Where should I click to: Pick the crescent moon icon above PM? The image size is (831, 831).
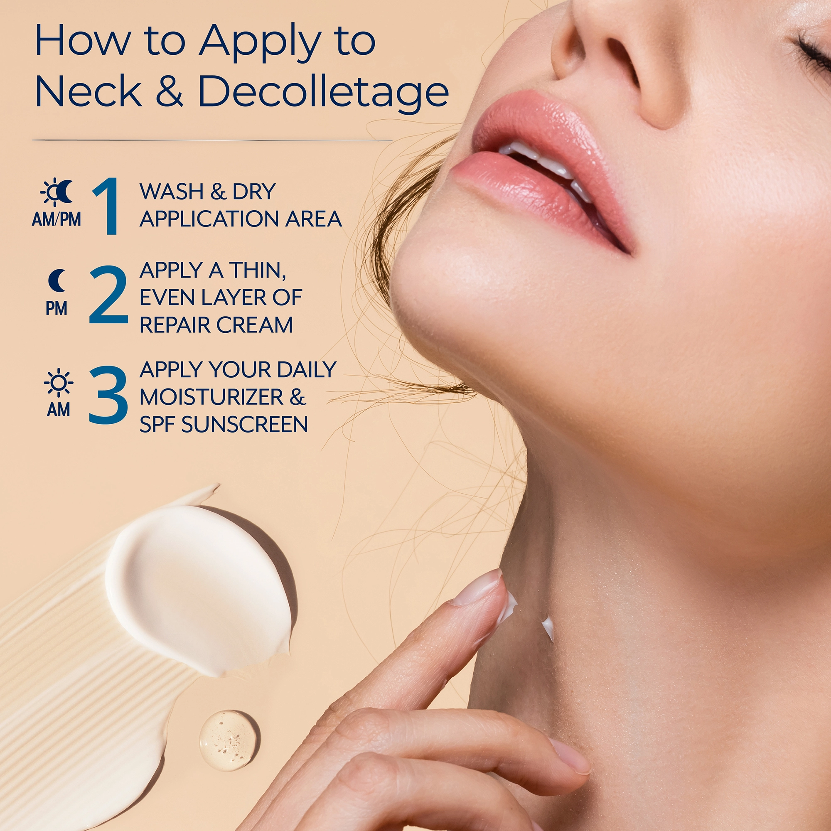click(57, 280)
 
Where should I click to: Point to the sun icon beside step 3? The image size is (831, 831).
click(59, 382)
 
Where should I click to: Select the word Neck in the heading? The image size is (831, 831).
click(88, 91)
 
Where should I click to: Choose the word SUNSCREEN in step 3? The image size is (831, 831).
click(244, 425)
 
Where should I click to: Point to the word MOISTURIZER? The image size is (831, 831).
click(211, 397)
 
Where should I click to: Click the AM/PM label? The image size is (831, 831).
click(57, 219)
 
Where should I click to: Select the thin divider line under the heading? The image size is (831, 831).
click(212, 140)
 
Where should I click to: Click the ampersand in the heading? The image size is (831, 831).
click(170, 91)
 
